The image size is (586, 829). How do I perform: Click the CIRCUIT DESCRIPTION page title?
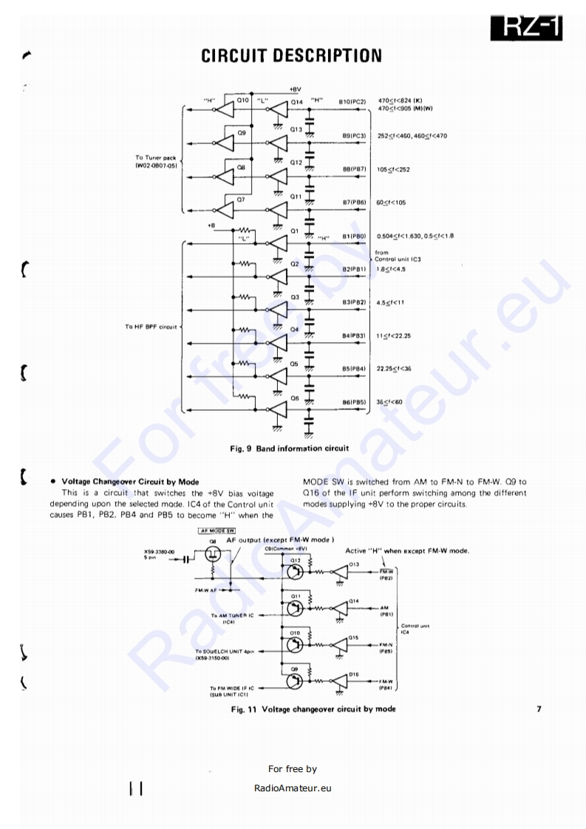(x=292, y=55)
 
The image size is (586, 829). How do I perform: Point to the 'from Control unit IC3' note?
(x=397, y=256)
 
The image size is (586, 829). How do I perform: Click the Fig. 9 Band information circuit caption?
(x=290, y=448)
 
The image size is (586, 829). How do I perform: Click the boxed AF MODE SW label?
(x=212, y=531)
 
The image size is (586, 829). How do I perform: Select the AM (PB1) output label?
(x=386, y=610)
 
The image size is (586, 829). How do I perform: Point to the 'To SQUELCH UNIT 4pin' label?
(x=225, y=653)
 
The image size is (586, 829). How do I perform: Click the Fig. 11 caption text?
(x=313, y=709)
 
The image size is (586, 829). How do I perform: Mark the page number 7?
(x=539, y=709)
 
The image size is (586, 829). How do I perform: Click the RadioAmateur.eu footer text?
(x=292, y=788)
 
